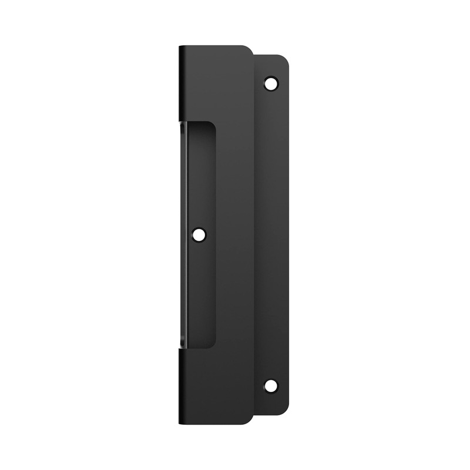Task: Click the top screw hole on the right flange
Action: tap(271, 83)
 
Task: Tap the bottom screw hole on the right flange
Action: tap(271, 386)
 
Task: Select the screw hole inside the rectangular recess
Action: tap(200, 235)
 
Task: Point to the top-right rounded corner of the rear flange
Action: tap(286, 59)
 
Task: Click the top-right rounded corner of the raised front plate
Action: tap(249, 49)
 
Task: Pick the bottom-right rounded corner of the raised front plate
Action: tap(249, 419)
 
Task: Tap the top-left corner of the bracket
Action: tap(180, 46)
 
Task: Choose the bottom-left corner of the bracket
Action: tap(180, 423)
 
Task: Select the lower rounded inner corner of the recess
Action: tap(212, 345)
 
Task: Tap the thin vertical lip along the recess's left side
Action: tap(184, 235)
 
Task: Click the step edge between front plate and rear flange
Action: tap(254, 235)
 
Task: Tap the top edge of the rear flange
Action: tap(270, 55)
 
